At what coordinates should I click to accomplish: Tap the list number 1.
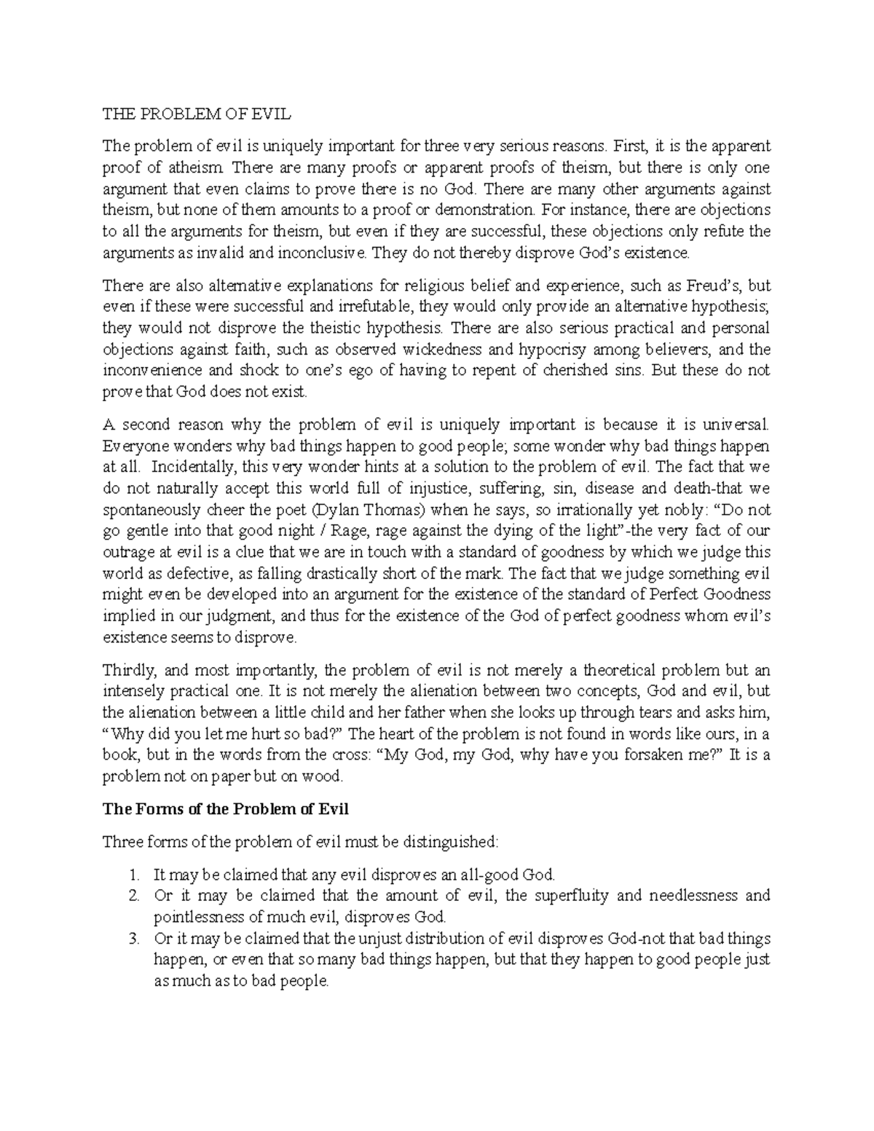pyautogui.click(x=132, y=874)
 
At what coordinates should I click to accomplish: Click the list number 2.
pyautogui.click(x=132, y=895)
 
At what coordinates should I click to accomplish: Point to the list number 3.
pyautogui.click(x=132, y=939)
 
